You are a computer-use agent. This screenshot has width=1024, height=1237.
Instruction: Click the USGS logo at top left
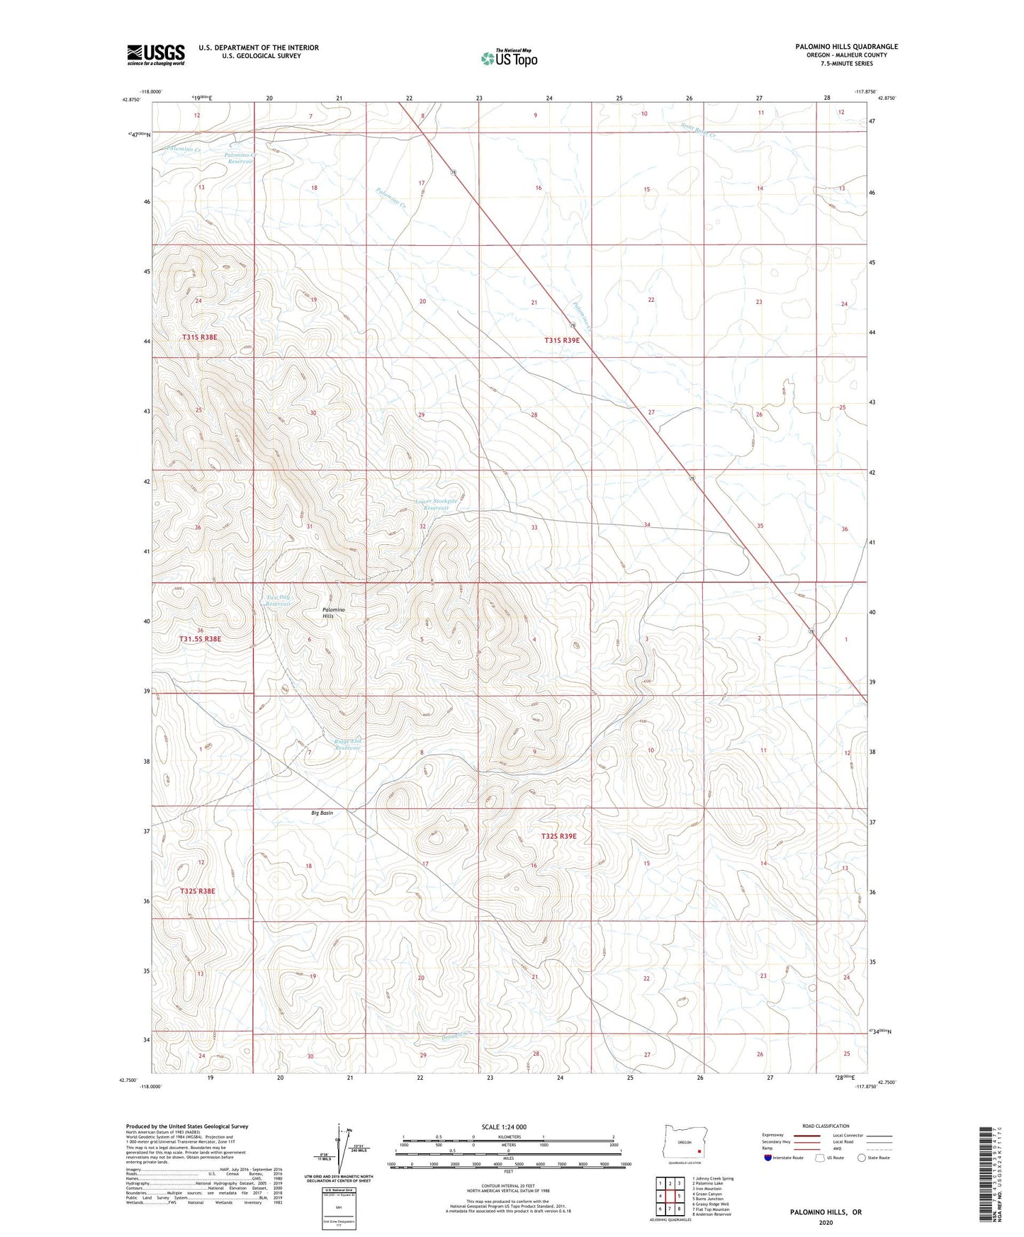156,55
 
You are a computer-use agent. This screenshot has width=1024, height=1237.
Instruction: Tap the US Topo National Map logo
508,57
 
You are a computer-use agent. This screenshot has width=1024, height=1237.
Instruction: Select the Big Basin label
322,813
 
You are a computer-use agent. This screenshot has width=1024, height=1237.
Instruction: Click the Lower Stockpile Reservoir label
432,504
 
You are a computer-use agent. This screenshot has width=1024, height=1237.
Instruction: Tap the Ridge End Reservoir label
348,745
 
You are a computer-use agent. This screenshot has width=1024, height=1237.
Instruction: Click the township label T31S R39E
561,340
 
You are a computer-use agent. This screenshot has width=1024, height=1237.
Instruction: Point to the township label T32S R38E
197,891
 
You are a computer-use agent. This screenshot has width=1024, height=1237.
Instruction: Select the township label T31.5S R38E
200,639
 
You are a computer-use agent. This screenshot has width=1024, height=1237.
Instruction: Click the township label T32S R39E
559,836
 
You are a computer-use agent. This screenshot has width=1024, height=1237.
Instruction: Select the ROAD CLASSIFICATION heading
826,1126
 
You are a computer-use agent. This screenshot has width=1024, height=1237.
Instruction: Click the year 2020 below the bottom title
825,1222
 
